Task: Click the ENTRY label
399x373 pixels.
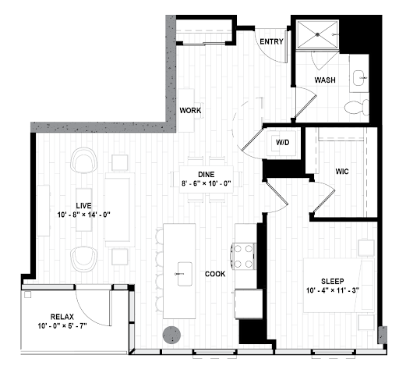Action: (x=271, y=41)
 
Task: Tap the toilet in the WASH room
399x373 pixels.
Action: (x=357, y=107)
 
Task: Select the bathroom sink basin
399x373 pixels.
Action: (x=360, y=77)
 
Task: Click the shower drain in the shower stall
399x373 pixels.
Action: (x=317, y=34)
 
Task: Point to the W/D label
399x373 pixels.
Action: (x=283, y=142)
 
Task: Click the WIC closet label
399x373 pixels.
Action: (x=342, y=172)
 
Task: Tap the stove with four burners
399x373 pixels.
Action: (x=243, y=257)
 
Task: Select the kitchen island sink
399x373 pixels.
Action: (x=185, y=274)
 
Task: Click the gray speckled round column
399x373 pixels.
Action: (x=171, y=335)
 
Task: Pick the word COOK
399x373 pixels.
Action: (x=215, y=274)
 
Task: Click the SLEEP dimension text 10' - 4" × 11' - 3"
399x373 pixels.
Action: (x=333, y=290)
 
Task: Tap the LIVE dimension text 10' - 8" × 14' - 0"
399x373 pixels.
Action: (x=84, y=215)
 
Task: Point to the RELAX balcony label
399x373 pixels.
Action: (x=62, y=317)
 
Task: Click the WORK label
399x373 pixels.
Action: (x=190, y=111)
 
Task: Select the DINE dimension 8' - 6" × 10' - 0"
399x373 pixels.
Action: (x=207, y=183)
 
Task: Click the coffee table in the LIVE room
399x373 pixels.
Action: (x=84, y=210)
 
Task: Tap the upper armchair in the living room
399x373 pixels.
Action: (x=84, y=160)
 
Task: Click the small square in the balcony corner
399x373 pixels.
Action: (x=27, y=294)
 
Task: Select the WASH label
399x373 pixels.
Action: (x=325, y=80)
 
